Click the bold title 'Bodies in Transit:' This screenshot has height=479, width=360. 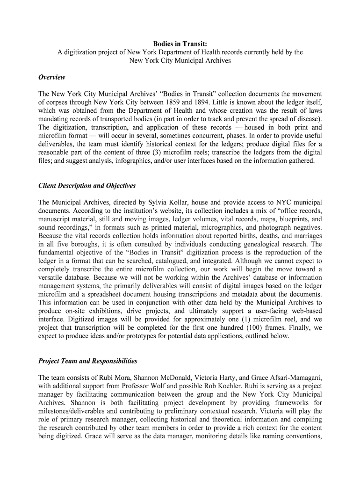tap(180, 44)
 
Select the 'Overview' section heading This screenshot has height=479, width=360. tap(51, 77)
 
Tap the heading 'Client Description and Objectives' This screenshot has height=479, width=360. tap(87, 186)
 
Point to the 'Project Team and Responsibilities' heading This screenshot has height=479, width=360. tap(88, 361)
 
